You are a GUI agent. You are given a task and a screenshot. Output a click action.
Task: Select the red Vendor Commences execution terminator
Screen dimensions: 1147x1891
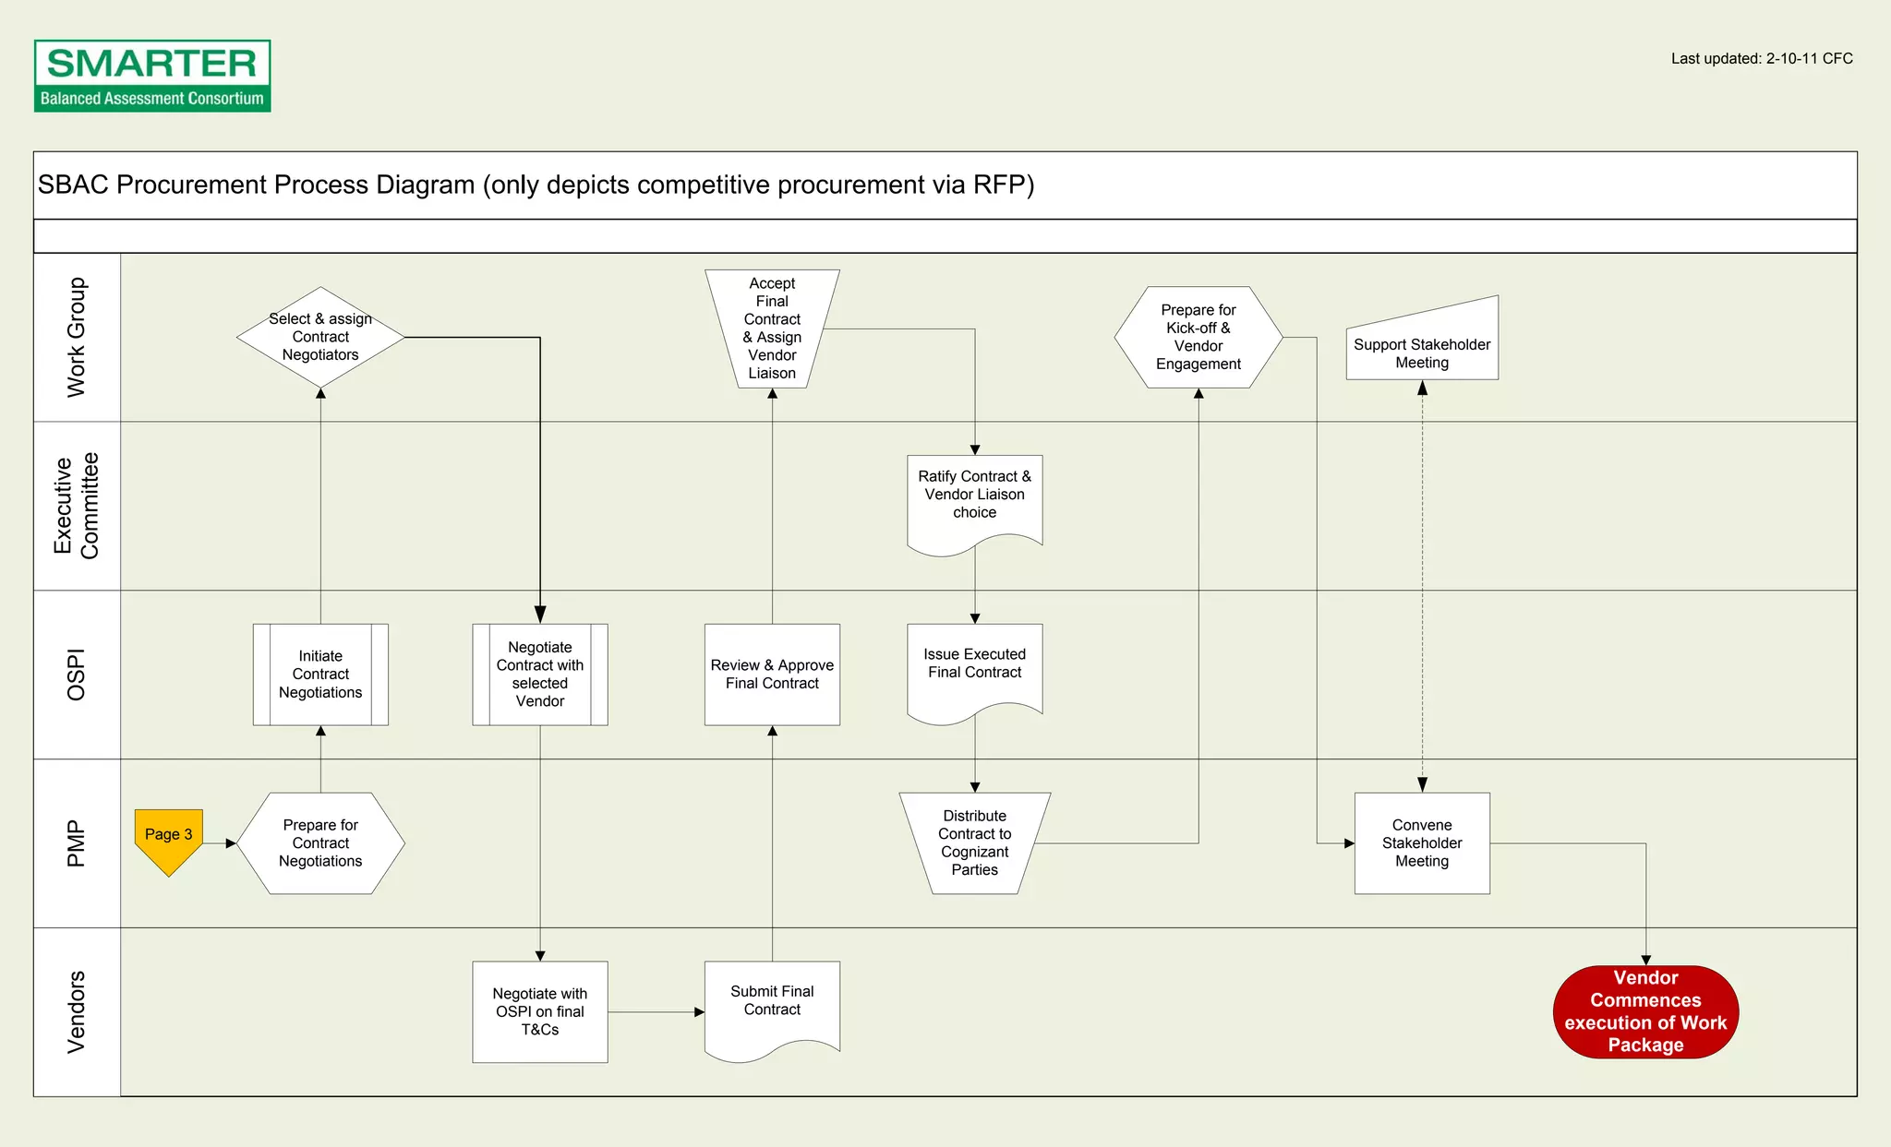tap(1645, 1011)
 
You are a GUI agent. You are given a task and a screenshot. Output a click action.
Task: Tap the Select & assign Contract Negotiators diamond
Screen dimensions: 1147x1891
tap(320, 337)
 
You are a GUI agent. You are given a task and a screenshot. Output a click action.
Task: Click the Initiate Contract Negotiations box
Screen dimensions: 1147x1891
tap(320, 675)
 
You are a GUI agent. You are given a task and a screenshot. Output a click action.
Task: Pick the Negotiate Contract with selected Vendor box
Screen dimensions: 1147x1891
tap(540, 675)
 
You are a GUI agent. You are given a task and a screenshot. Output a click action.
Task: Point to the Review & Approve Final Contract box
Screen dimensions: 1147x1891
tap(772, 675)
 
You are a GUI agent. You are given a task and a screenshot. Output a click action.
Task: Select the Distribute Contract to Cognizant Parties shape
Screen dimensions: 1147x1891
tap(975, 842)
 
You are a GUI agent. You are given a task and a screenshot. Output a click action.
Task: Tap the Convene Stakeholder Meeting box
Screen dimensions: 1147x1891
tap(1422, 842)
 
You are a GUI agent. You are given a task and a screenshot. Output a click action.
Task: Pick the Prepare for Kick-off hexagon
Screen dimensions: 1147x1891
tap(1198, 337)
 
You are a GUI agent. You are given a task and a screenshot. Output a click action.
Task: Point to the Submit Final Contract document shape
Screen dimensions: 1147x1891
tap(772, 1006)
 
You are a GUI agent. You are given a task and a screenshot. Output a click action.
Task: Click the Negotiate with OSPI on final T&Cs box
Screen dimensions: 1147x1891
tap(540, 1011)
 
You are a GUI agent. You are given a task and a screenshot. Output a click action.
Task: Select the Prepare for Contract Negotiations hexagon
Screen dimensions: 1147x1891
tap(320, 842)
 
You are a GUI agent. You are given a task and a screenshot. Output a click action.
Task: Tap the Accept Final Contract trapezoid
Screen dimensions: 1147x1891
tap(772, 329)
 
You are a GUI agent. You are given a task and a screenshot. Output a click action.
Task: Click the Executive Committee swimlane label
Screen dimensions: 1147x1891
tap(77, 506)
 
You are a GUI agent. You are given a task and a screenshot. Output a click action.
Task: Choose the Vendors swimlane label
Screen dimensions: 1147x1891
tap(77, 1011)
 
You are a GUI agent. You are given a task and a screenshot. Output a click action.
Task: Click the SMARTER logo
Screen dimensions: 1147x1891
tap(152, 76)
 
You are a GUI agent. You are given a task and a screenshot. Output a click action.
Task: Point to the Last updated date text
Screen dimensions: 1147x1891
tap(1761, 59)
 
